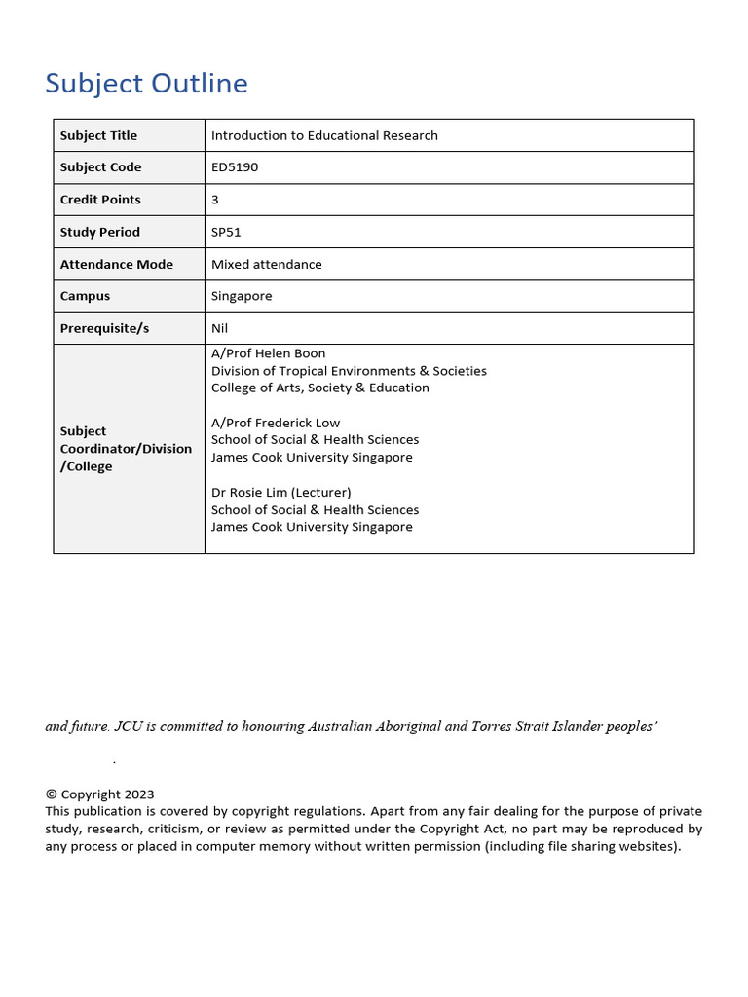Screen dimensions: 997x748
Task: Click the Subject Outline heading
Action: pyautogui.click(x=146, y=84)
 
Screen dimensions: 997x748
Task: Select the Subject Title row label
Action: pyautogui.click(x=98, y=135)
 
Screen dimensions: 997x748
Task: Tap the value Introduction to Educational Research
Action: pyautogui.click(x=324, y=135)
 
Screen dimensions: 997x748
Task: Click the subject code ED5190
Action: pyautogui.click(x=235, y=167)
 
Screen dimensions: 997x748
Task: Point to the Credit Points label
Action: pyautogui.click(x=100, y=200)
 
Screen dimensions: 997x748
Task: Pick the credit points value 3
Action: pyautogui.click(x=215, y=200)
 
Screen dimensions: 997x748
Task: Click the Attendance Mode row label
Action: pyautogui.click(x=116, y=264)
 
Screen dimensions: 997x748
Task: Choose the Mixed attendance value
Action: pyautogui.click(x=266, y=264)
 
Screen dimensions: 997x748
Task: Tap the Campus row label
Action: pyautogui.click(x=85, y=296)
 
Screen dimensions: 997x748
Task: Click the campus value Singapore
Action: pyautogui.click(x=242, y=296)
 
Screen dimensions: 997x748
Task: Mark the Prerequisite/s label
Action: pyautogui.click(x=104, y=328)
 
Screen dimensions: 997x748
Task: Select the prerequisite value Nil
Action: pyautogui.click(x=219, y=328)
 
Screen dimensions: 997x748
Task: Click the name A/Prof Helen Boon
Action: pyautogui.click(x=268, y=353)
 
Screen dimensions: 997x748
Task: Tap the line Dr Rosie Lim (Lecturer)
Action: pyautogui.click(x=280, y=493)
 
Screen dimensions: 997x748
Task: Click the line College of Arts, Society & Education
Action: pyautogui.click(x=319, y=388)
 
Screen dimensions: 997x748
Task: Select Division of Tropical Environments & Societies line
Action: pyautogui.click(x=349, y=371)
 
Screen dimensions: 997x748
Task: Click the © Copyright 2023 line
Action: pyautogui.click(x=99, y=794)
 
